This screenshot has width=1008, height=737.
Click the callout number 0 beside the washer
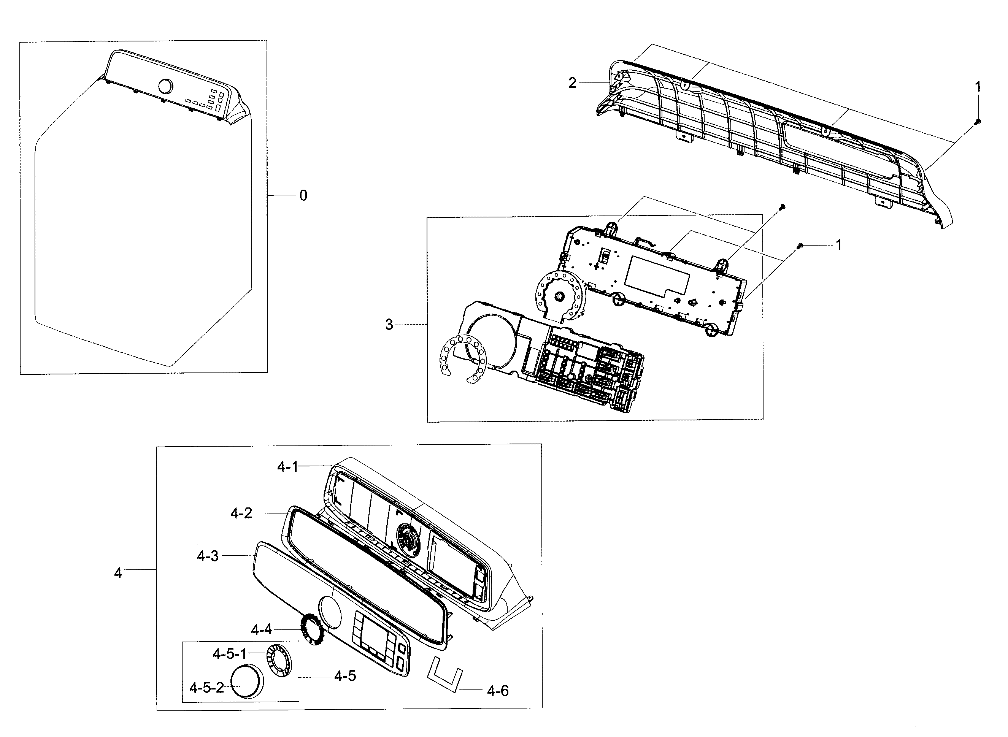point(303,195)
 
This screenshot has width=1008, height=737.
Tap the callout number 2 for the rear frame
point(572,83)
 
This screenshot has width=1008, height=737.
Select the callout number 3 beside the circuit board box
point(389,325)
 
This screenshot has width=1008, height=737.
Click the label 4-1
point(287,467)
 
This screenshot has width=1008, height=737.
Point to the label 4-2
point(241,514)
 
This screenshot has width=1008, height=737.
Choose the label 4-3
point(208,556)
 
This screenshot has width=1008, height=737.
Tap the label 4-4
point(262,629)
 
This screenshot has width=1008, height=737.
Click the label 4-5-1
point(229,654)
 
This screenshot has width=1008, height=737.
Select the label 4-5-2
point(206,688)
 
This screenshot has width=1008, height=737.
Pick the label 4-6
point(497,691)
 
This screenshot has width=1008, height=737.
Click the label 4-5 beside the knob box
point(345,676)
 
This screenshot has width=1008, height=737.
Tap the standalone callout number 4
point(118,573)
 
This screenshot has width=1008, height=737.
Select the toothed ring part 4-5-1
point(278,658)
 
